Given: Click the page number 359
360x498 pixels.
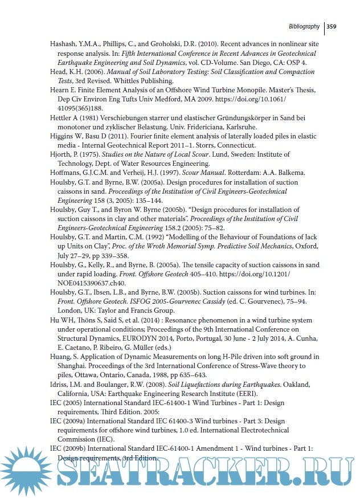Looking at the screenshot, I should pyautogui.click(x=333, y=26).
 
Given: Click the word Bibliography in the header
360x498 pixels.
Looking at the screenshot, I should pyautogui.click(x=304, y=26).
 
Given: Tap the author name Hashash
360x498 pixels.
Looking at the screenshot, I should pyautogui.click(x=63, y=43).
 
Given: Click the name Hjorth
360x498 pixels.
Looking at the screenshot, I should pyautogui.click(x=60, y=154).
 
